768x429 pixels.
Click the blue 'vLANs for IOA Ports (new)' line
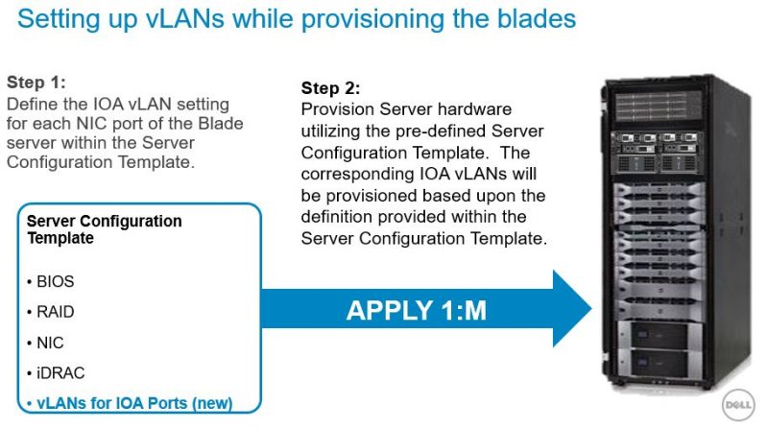(130, 402)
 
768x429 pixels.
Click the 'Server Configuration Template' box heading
(104, 228)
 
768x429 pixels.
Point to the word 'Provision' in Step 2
(336, 109)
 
